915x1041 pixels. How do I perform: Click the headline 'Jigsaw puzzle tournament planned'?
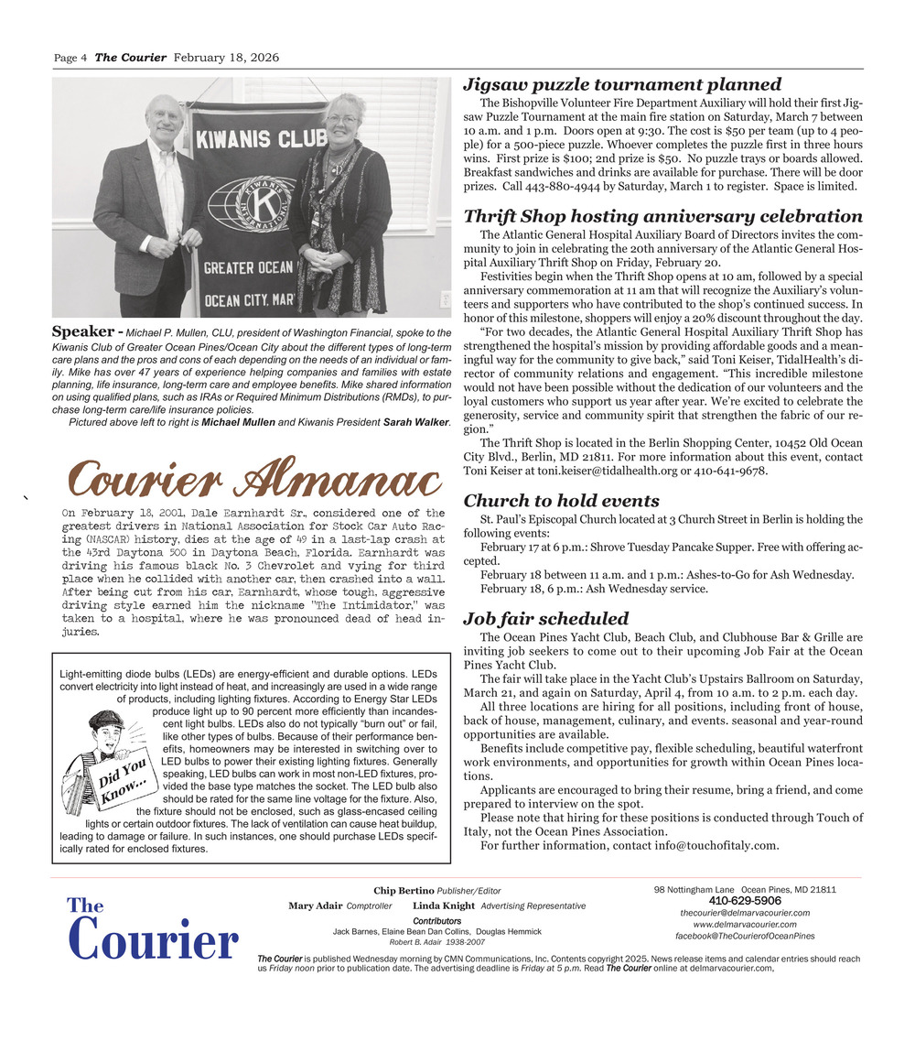point(622,85)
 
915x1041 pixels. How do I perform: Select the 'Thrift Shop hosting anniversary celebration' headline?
point(662,217)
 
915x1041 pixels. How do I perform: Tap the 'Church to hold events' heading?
point(561,501)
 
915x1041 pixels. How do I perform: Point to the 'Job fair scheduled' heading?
point(545,618)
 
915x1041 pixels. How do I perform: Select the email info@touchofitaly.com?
point(716,845)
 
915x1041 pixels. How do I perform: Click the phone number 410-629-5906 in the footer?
point(745,901)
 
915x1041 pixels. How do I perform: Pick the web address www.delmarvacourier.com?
point(745,924)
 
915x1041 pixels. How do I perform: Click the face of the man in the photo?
point(167,118)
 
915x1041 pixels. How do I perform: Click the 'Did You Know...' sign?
point(125,780)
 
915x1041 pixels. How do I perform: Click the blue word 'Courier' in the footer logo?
point(153,941)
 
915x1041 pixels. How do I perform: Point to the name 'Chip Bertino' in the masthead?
point(404,890)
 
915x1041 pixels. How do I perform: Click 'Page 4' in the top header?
point(70,59)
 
